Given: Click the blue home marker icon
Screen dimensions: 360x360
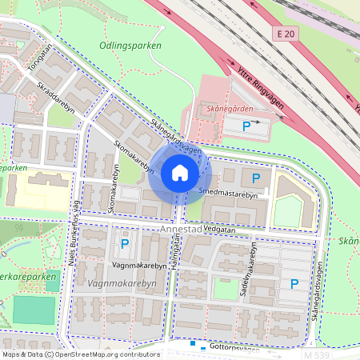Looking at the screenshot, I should coord(179,173).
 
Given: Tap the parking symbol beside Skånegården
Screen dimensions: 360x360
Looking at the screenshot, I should coord(247,126).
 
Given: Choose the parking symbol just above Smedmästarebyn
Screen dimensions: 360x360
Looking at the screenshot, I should coord(256,178).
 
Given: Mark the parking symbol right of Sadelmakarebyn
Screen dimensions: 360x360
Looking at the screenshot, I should coord(294,283).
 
